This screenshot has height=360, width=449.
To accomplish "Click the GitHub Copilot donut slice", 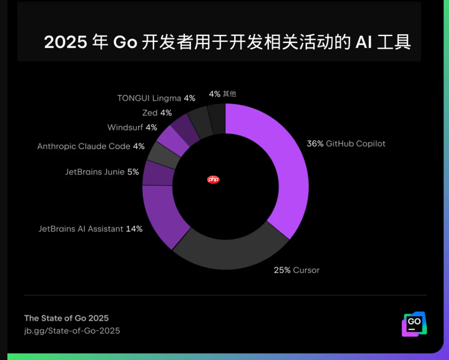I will pos(287,174).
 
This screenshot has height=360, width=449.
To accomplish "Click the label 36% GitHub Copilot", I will pos(346,144).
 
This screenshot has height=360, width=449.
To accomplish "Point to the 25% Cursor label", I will pos(296,270).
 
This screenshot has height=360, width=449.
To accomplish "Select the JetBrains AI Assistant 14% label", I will pos(90,229).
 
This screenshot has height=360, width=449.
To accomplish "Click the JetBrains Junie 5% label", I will pos(102,172).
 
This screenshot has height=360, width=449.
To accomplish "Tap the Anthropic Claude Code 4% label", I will pos(90,147).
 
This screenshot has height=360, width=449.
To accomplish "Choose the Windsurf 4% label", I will pos(132,127).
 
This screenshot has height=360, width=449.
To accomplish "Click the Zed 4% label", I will pos(157,113).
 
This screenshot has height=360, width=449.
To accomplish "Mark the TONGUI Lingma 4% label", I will pos(156,98).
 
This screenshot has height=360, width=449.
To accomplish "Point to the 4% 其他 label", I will pos(222,93).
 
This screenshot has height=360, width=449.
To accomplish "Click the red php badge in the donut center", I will pos(213,180).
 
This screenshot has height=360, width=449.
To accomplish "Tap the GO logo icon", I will pos(414,324).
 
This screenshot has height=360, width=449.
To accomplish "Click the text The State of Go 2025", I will pos(66,318).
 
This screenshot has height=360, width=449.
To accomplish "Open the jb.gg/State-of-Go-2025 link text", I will pos(72,331).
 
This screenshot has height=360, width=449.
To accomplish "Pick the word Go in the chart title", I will pos(125,43).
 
